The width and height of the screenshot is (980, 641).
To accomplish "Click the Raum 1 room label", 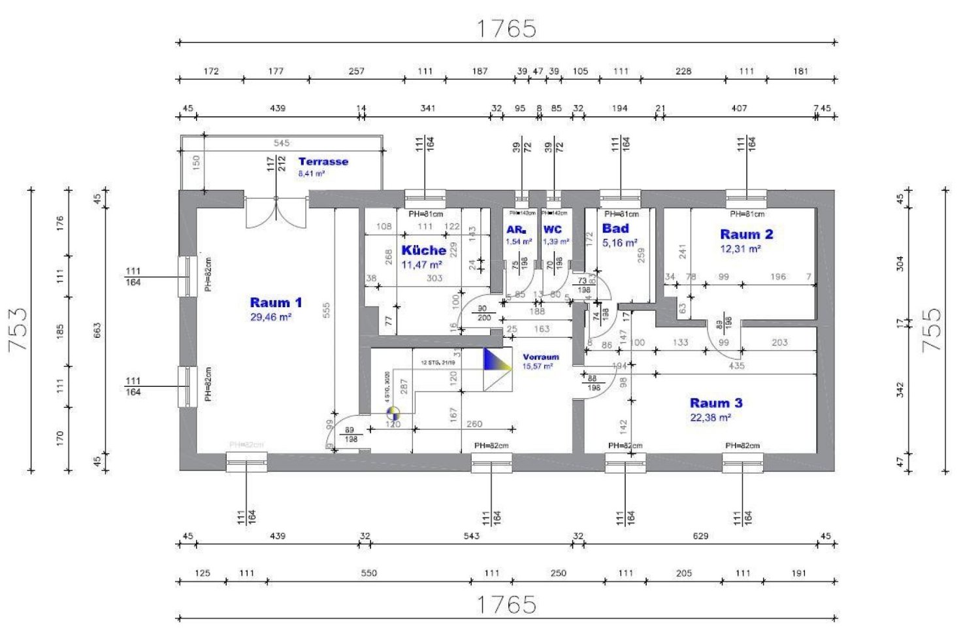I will pos(276,303).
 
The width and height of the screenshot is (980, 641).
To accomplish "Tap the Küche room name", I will pos(423,250).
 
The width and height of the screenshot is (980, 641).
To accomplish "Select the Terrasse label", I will pos(323,161).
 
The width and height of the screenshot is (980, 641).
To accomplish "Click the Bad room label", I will pos(615,229).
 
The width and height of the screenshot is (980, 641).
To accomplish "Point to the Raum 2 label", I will pos(746,234).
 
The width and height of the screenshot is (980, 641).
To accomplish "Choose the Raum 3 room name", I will pos(716,403).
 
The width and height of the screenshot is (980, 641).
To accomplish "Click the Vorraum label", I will pos(541,357).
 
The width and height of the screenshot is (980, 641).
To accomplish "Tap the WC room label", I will pos(552,229).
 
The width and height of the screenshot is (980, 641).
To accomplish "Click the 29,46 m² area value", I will pos(270,318).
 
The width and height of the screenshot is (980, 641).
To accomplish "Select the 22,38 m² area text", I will pos(710,418).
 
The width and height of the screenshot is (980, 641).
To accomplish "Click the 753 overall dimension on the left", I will pos(18,330).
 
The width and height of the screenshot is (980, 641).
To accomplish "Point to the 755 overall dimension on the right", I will pos(932,330).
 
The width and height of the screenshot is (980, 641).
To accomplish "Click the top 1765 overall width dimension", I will pos(506,29).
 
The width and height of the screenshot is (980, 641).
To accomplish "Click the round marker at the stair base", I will pos(393,413).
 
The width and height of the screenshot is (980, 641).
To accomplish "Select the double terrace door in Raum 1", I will pos(276,211).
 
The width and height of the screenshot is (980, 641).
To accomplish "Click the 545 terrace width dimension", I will pos(282,143).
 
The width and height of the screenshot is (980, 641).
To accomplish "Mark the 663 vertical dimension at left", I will pos(97,330).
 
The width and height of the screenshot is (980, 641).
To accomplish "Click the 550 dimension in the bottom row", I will pos(368,573).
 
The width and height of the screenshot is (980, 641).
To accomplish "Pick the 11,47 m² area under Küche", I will pos(421,265).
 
